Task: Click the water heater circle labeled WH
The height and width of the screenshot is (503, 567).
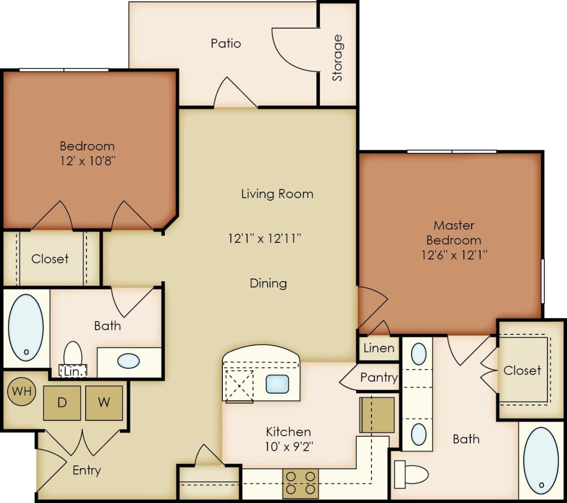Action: (22, 391)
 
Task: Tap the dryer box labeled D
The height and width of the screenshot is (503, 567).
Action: (62, 402)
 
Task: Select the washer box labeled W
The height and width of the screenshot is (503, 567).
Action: (104, 402)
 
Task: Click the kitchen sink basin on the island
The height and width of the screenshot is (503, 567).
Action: (277, 384)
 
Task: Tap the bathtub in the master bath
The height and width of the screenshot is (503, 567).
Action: (540, 460)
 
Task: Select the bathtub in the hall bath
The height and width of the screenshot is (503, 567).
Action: (26, 327)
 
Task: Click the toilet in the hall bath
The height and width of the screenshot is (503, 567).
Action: (73, 354)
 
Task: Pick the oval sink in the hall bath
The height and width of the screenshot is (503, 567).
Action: (128, 361)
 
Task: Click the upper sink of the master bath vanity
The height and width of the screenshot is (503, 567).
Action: (419, 354)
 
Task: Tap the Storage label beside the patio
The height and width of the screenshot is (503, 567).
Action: (338, 58)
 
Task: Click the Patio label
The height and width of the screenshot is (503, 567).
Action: (226, 43)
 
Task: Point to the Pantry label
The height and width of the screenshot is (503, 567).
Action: (379, 377)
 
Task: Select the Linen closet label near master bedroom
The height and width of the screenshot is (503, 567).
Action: (379, 348)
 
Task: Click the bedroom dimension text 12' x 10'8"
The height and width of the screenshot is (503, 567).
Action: (88, 160)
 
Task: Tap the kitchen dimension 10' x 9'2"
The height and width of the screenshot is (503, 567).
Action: (289, 446)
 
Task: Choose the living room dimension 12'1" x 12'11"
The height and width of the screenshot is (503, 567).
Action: (264, 239)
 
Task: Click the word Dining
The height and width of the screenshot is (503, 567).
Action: (268, 283)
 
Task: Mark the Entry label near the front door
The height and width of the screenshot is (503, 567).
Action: (87, 470)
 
